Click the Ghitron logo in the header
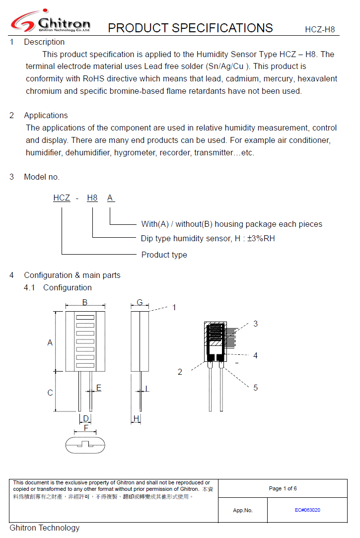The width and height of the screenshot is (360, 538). point(51,22)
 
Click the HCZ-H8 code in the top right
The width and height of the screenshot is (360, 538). point(320,30)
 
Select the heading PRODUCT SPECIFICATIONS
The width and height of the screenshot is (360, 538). point(190,28)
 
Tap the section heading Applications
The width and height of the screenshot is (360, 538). point(46,116)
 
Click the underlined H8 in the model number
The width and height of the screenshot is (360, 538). point(92,198)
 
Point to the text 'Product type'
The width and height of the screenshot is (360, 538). point(164,255)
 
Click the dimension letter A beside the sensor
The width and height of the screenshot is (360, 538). point(50,343)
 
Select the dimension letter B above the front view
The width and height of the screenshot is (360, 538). point(85,302)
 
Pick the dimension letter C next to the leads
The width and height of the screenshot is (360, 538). point(50,393)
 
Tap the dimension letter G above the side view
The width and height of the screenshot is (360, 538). point(140,302)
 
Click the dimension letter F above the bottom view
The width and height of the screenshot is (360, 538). point(86,427)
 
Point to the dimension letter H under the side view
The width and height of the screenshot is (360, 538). point(136,419)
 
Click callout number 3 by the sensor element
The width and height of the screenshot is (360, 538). point(256,324)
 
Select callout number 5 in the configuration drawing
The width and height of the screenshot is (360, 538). point(256,388)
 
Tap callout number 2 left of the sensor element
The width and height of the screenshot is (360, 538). point(180,372)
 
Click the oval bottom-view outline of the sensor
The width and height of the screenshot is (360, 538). point(85,444)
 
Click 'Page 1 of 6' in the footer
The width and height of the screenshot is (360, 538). point(283,489)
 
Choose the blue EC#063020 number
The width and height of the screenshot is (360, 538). point(307,510)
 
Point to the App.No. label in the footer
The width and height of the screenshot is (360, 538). point(243,510)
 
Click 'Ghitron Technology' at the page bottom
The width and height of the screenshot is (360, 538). point(45,528)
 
